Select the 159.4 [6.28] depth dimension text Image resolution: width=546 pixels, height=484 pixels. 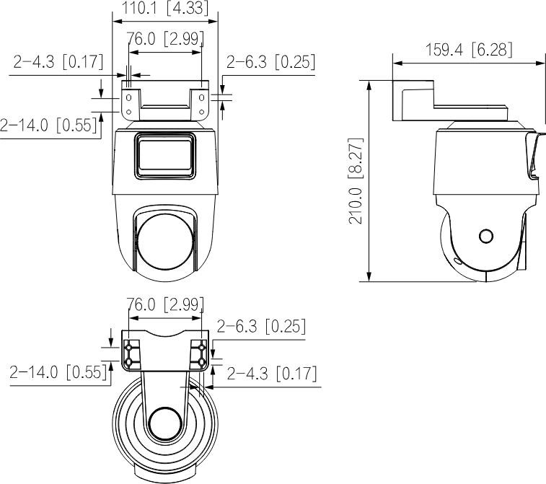tap(470, 50)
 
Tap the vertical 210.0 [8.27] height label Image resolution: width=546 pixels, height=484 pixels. tap(356, 180)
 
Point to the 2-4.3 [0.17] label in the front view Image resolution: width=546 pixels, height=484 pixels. tap(58, 62)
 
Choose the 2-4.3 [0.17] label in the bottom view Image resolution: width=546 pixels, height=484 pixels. tap(272, 374)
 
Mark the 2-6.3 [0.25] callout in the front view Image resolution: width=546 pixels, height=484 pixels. tap(271, 63)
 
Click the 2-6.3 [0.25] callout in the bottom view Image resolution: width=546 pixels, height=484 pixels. tap(261, 327)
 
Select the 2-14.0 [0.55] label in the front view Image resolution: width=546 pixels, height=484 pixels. tap(48, 126)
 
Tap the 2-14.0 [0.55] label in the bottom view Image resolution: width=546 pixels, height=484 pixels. tap(58, 373)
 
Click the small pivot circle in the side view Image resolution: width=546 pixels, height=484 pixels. tap(486, 237)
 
